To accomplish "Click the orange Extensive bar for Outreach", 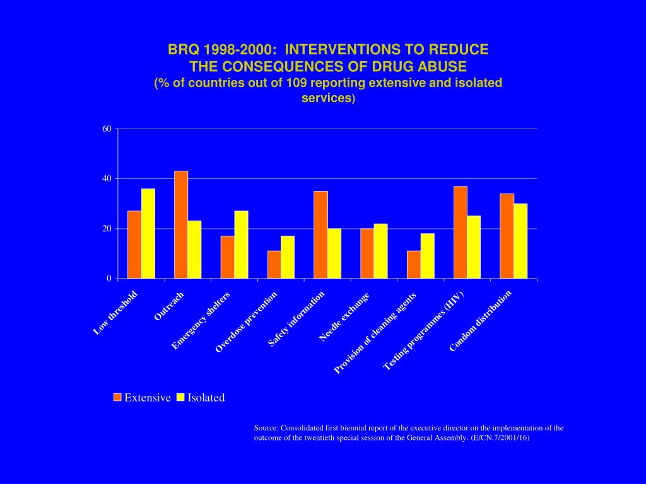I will click(x=181, y=224).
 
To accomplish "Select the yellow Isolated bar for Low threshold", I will click(x=148, y=233).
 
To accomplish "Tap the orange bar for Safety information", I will click(x=320, y=234).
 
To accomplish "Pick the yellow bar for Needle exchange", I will click(x=380, y=251).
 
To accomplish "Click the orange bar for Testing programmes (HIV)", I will click(x=461, y=232).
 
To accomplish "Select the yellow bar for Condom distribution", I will click(x=520, y=241).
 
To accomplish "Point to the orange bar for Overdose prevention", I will click(x=274, y=265).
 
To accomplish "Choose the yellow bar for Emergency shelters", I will click(x=241, y=245).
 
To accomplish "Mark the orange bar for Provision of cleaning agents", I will click(x=413, y=265).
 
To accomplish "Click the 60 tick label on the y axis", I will click(x=107, y=129).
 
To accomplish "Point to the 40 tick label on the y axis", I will click(x=107, y=179).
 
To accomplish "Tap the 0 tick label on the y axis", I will click(x=109, y=279).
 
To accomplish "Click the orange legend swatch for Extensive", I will click(x=117, y=397).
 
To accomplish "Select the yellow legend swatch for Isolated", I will click(x=180, y=397).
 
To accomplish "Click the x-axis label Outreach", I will click(x=169, y=306).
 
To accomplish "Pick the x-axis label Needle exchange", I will click(x=344, y=318).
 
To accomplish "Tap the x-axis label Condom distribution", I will click(x=481, y=321).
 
